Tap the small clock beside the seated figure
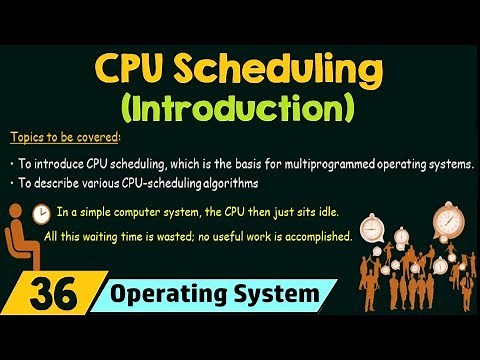point(42,214)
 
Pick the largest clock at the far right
point(447,217)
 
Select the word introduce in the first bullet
point(50,161)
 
